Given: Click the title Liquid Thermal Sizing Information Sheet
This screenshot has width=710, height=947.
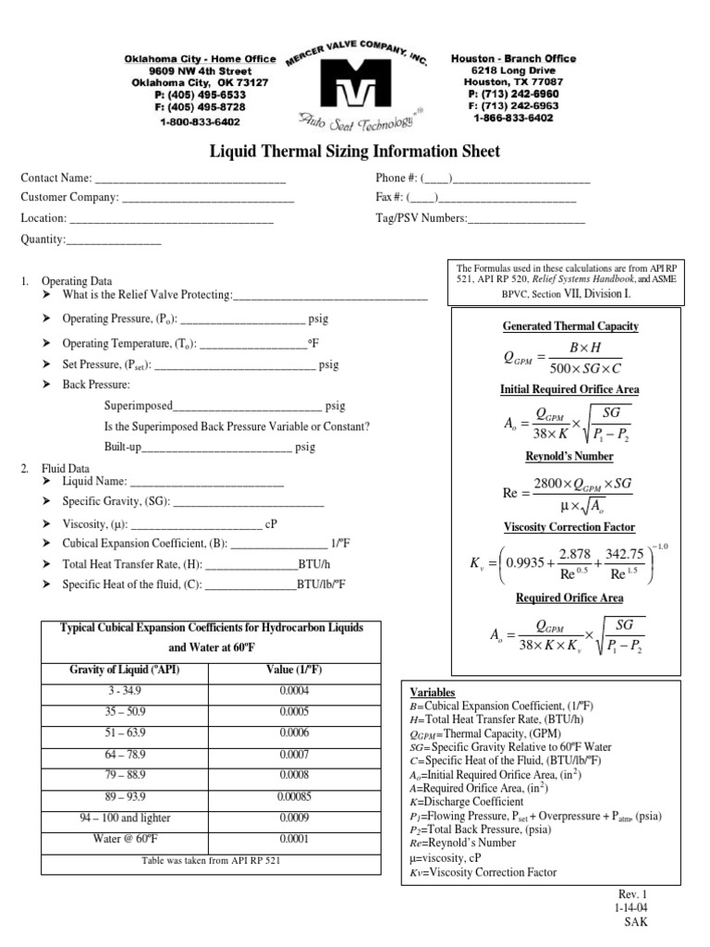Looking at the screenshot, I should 355,151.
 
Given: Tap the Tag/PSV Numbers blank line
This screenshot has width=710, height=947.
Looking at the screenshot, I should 527,218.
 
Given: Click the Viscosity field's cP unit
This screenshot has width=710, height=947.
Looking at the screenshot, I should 271,524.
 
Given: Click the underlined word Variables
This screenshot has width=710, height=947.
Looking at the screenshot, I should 432,693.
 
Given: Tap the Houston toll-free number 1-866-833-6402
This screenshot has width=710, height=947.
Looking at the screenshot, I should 513,118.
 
